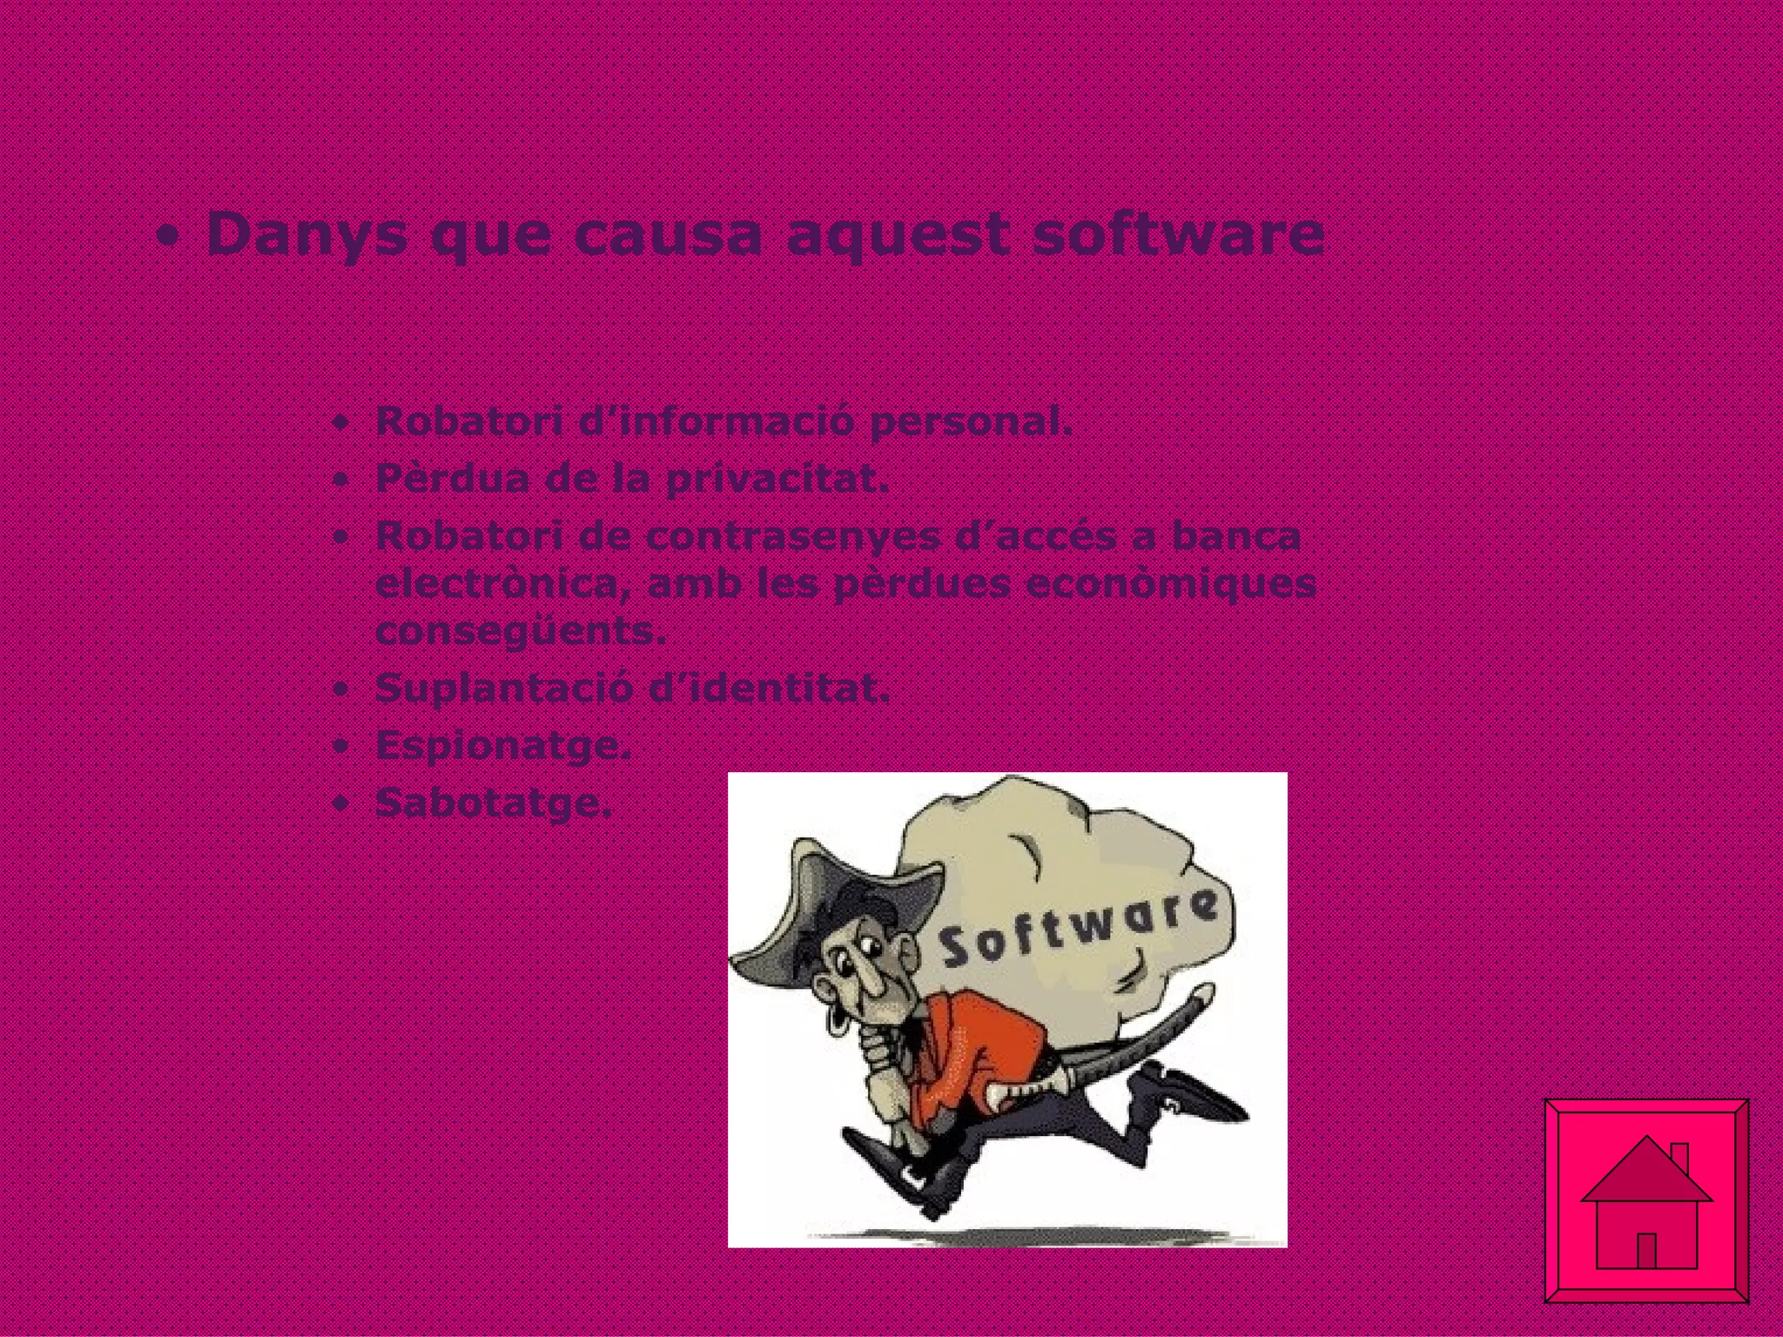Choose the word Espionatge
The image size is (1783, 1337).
click(502, 746)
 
